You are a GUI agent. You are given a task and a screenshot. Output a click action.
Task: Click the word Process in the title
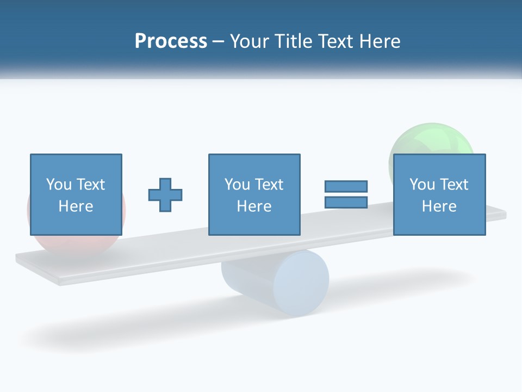(171, 41)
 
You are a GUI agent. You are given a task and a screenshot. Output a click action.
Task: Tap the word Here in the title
(379, 41)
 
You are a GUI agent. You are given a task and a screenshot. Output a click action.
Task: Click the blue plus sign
(165, 194)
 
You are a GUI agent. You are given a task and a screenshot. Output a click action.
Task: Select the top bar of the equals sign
(346, 186)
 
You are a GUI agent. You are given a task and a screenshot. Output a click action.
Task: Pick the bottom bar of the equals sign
(346, 202)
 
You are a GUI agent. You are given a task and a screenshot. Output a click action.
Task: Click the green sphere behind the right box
(430, 138)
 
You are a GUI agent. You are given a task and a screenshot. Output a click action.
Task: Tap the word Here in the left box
(76, 206)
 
